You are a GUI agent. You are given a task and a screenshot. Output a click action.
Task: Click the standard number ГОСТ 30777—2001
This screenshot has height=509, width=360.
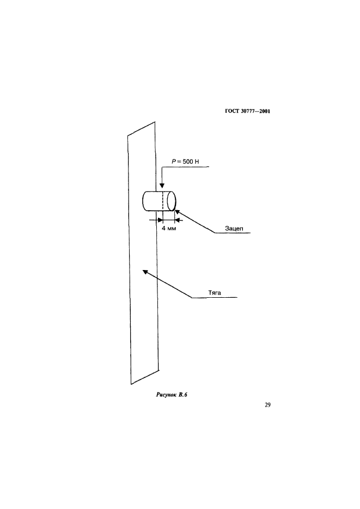click(x=248, y=112)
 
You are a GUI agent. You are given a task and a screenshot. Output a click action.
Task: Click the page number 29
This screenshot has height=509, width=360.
click(x=267, y=404)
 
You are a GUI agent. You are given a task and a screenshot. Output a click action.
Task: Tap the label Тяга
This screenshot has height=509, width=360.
click(x=214, y=292)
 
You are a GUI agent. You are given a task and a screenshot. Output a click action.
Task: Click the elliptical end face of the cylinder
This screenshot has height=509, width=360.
click(x=172, y=200)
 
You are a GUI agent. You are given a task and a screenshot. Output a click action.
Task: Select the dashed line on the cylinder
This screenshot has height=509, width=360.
click(x=163, y=200)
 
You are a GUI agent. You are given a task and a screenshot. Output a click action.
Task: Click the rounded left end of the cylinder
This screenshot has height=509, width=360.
click(x=144, y=200)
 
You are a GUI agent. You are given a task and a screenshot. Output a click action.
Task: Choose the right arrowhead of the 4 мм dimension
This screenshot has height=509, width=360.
click(x=177, y=220)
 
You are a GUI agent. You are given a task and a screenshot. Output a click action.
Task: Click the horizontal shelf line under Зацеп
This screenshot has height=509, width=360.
click(x=231, y=234)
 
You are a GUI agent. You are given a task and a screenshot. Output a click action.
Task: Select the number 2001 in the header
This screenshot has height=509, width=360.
click(x=265, y=112)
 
